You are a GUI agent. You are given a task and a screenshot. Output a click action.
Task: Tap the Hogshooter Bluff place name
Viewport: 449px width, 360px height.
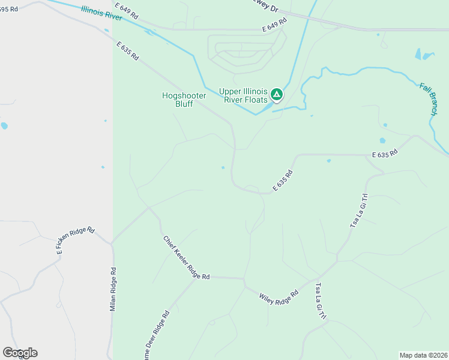[183, 99]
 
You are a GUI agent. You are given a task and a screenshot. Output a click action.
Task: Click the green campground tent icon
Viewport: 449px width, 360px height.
[276, 94]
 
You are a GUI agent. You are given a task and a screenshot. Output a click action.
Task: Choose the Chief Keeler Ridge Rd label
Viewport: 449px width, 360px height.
[186, 257]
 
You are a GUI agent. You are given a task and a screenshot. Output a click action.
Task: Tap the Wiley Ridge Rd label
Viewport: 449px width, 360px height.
[279, 296]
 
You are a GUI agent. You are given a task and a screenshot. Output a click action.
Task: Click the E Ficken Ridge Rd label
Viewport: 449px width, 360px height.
[76, 241]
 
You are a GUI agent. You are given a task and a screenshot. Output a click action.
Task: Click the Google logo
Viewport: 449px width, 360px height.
[20, 353]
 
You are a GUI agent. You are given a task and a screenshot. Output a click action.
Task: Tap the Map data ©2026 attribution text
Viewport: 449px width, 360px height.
[423, 355]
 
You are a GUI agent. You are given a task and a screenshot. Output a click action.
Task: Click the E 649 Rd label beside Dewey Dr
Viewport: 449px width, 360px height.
[274, 25]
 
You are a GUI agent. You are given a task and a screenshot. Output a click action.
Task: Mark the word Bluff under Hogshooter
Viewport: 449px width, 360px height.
[184, 104]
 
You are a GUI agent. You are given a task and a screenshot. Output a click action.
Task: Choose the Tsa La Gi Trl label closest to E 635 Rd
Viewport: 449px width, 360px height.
[358, 211]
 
